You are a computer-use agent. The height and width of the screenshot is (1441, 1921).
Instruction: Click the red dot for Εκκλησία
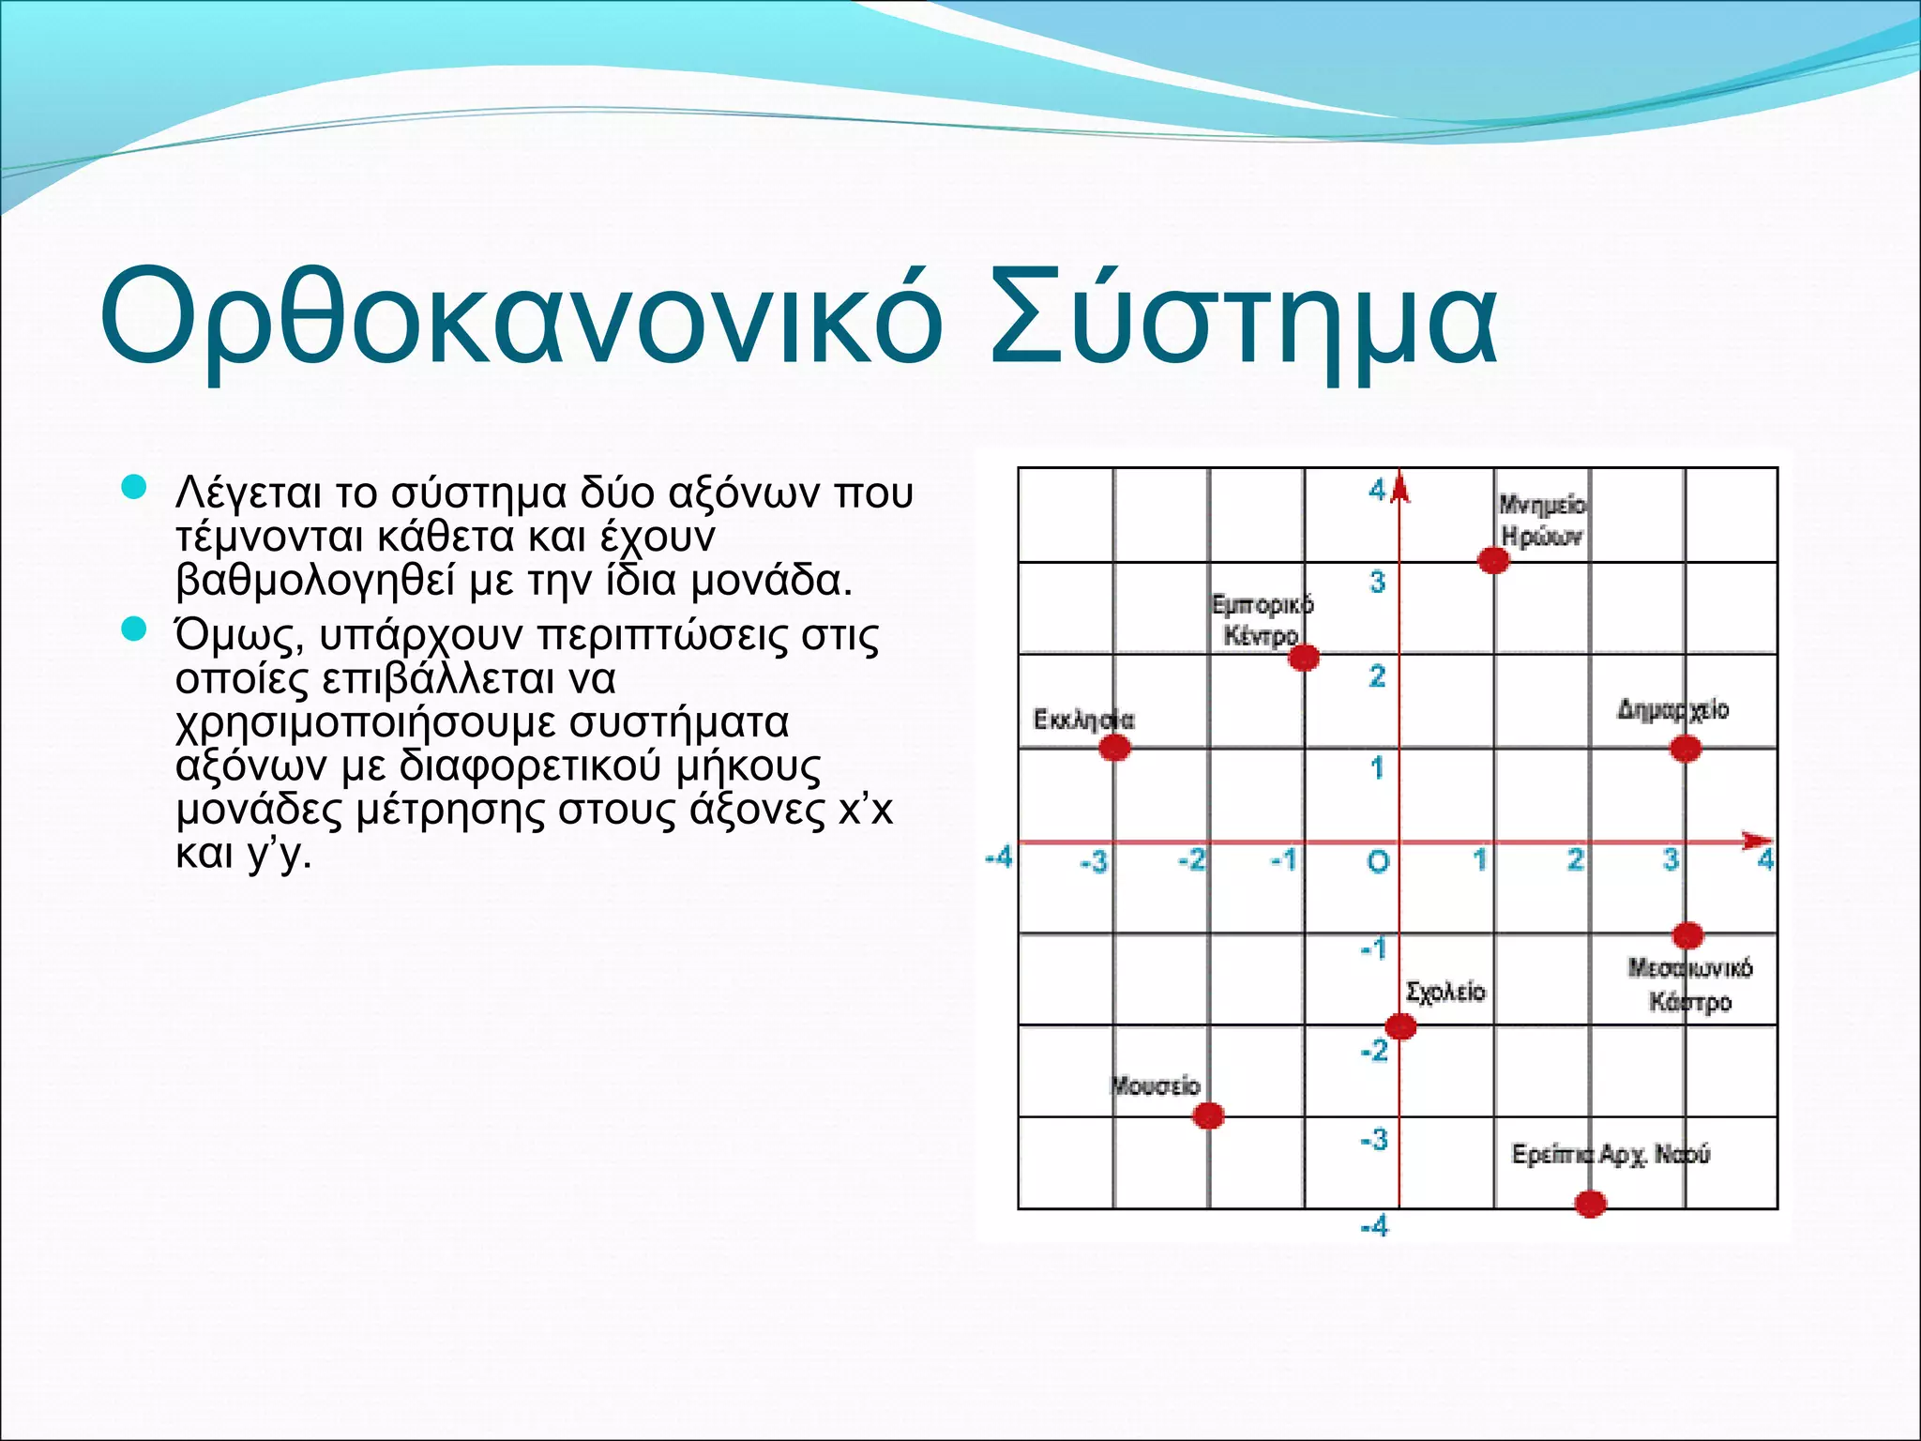coord(1114,748)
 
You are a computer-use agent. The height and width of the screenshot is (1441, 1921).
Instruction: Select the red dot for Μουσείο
coord(1208,1115)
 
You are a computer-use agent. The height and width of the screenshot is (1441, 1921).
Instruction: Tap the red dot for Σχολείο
coord(1400,1026)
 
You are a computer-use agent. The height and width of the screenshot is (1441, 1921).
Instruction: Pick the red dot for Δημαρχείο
coord(1686,749)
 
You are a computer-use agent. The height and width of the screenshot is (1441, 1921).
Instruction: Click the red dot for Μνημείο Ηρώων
coord(1493,560)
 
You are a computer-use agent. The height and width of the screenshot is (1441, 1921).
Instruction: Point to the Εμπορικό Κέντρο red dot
coord(1304,658)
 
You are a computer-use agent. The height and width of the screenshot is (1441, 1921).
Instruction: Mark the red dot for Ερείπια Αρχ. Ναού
coord(1590,1204)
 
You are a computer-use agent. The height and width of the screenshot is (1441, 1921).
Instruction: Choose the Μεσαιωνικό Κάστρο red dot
coord(1687,935)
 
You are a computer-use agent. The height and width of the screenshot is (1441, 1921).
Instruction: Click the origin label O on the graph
coord(1377,861)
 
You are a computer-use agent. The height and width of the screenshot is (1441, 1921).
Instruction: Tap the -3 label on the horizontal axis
coord(1094,861)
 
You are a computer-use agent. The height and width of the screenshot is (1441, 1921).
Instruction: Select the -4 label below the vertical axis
coord(1374,1226)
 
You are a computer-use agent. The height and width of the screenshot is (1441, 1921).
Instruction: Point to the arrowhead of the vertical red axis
coord(1399,488)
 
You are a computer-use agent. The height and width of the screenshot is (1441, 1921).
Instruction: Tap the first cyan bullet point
coord(135,487)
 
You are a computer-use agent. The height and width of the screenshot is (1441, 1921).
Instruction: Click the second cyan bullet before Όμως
coord(135,629)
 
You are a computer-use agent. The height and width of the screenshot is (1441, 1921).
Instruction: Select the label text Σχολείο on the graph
coord(1445,992)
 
